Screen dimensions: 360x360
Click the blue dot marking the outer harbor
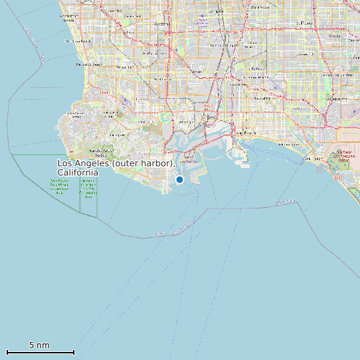pos(179,179)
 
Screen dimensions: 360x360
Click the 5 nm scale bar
pos(40,351)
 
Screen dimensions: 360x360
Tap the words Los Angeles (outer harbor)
pos(116,163)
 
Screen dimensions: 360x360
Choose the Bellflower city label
pos(304,23)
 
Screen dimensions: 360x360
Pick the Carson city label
pos(196,71)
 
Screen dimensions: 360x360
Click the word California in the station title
pos(78,173)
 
